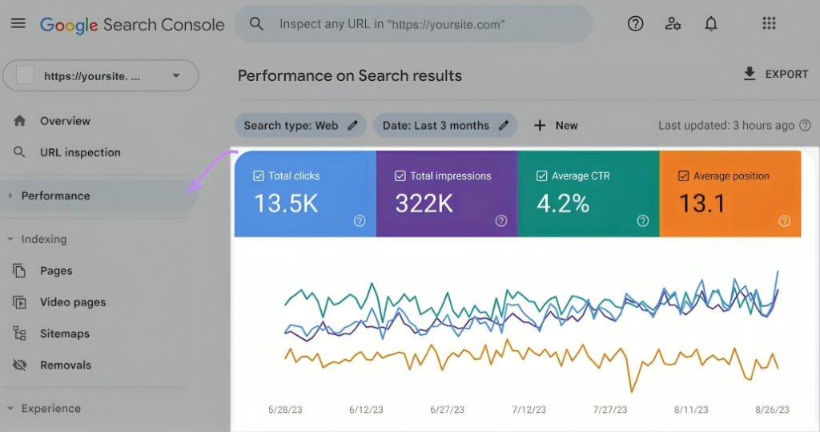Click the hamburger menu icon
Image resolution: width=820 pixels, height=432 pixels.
tap(18, 23)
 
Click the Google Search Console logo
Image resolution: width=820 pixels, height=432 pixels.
tap(132, 25)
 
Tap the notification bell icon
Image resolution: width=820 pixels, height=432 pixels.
tap(711, 23)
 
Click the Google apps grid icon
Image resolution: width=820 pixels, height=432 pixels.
tap(769, 23)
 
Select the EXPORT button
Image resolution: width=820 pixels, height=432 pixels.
tap(775, 74)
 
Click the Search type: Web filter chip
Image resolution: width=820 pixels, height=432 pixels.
tap(301, 126)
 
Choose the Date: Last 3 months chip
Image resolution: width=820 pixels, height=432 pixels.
tap(445, 126)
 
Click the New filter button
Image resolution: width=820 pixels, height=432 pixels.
tap(556, 126)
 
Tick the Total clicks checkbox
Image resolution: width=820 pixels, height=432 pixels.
tap(259, 176)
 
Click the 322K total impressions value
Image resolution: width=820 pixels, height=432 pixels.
tap(424, 203)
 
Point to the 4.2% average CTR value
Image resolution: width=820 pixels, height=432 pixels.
tap(563, 203)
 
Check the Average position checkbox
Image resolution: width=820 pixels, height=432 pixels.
tap(684, 176)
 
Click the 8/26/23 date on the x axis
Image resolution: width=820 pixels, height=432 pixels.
tap(773, 410)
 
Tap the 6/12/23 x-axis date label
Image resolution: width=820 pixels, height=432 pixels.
tap(366, 410)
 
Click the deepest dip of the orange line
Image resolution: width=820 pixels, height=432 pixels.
tap(632, 390)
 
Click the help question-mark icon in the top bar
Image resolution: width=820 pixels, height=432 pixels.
tap(635, 23)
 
